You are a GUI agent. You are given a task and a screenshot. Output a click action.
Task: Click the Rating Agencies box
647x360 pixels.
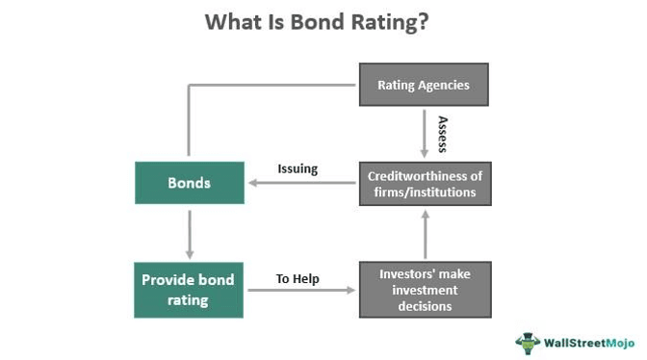click(x=424, y=85)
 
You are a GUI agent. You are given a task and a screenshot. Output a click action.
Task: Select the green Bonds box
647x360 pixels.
click(x=190, y=181)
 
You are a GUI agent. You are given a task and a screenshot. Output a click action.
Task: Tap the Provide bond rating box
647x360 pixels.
click(x=190, y=289)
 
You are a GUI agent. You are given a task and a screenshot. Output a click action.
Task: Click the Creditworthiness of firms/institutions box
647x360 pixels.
click(x=424, y=182)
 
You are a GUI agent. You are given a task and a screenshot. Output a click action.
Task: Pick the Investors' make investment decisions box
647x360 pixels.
click(x=424, y=289)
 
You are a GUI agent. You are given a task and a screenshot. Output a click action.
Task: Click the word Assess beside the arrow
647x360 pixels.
click(x=443, y=135)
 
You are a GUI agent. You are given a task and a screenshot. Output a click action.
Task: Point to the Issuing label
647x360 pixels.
click(x=298, y=168)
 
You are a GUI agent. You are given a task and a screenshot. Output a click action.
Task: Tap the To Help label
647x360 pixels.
click(x=298, y=279)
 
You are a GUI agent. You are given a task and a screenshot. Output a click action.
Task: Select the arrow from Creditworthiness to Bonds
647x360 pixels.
click(x=298, y=183)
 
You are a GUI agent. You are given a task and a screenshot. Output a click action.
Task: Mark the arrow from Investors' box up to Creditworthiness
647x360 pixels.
click(x=424, y=234)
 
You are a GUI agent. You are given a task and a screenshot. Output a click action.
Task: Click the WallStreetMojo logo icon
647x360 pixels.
click(x=528, y=342)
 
